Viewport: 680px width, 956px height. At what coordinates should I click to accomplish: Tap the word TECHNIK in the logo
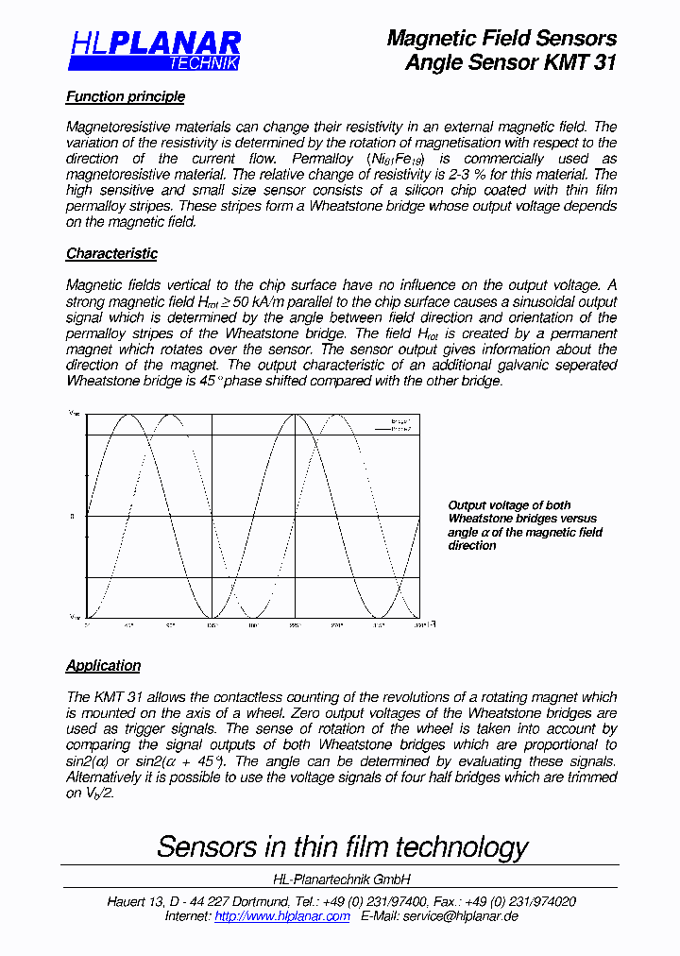(x=203, y=63)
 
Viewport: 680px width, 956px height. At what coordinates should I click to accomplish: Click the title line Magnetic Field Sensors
(x=501, y=39)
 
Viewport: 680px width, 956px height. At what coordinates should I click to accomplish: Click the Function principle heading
(x=126, y=96)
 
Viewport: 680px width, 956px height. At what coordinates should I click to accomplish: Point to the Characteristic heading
(x=111, y=253)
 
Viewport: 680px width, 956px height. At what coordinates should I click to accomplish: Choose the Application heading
(x=103, y=665)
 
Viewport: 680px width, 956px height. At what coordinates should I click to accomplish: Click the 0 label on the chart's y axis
(x=72, y=517)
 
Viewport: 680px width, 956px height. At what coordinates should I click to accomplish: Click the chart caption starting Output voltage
(x=525, y=525)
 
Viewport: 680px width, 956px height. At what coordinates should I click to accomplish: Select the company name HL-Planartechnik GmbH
(x=341, y=879)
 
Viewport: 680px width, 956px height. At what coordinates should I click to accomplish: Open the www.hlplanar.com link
(x=282, y=915)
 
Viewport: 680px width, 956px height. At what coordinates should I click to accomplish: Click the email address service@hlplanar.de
(x=460, y=915)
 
